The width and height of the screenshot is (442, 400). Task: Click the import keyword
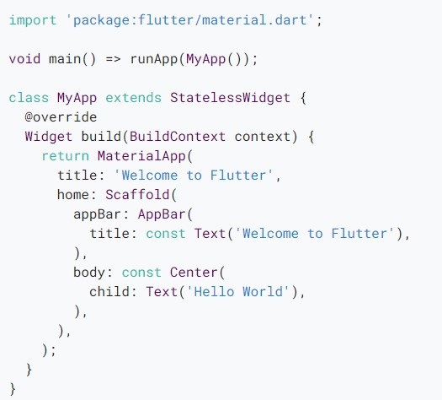click(x=33, y=20)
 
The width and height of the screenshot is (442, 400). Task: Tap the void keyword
click(x=24, y=59)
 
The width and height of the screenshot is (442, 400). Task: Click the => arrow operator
click(x=114, y=59)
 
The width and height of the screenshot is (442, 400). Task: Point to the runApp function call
click(x=153, y=60)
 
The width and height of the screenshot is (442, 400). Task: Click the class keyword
click(x=29, y=98)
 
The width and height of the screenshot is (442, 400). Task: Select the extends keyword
click(x=133, y=98)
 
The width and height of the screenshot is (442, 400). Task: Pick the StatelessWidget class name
click(x=230, y=98)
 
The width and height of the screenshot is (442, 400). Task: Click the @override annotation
click(x=61, y=117)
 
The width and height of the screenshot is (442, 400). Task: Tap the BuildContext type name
click(x=178, y=137)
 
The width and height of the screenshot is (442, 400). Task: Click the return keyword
click(x=66, y=156)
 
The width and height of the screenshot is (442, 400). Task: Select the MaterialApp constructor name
click(x=141, y=156)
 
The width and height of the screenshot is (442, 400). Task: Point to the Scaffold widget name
click(x=137, y=195)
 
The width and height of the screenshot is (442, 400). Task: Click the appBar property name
click(x=98, y=214)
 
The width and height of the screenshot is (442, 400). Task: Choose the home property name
click(x=73, y=195)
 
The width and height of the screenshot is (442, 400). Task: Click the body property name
click(x=89, y=273)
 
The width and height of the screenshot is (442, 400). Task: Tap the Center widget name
click(x=194, y=273)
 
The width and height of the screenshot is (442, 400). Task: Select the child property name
click(x=109, y=292)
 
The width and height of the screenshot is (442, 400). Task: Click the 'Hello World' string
click(x=238, y=291)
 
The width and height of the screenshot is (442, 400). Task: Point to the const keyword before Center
click(x=141, y=273)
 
